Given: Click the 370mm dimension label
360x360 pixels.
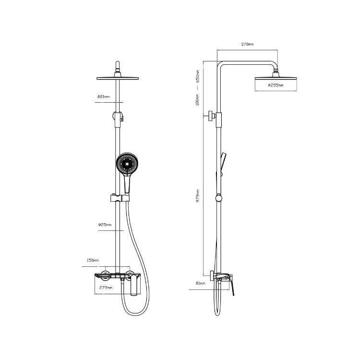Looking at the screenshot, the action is coord(247,44).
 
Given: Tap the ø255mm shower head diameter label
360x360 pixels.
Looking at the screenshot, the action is coord(276,85).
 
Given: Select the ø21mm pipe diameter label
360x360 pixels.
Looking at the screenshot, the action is coord(103,96).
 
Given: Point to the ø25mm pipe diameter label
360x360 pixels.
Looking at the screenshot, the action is coord(105,225).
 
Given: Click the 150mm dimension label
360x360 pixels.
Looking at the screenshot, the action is coord(93,260).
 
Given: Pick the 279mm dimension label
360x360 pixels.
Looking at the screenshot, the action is coord(106,288).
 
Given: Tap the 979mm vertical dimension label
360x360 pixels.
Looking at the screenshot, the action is coord(198,196).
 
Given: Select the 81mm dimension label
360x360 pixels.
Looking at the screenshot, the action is coord(201,283).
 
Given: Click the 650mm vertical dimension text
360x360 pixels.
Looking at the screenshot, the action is coord(198,76).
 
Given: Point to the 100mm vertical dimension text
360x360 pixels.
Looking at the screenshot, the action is coord(197,100).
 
